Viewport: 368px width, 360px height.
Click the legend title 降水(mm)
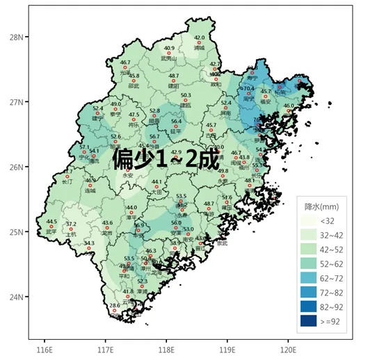point(322,206)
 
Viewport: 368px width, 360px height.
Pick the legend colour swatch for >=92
point(308,321)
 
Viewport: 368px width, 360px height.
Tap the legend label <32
point(327,220)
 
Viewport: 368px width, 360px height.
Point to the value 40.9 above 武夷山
point(169,49)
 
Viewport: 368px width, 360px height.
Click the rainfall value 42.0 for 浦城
point(200,38)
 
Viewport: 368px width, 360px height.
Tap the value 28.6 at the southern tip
point(115,305)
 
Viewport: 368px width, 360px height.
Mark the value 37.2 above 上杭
point(71,224)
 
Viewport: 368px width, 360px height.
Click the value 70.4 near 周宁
point(247,88)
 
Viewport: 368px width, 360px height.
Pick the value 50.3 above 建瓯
point(186,95)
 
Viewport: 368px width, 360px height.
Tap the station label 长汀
point(67,181)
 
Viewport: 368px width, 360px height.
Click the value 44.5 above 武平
point(51,222)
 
